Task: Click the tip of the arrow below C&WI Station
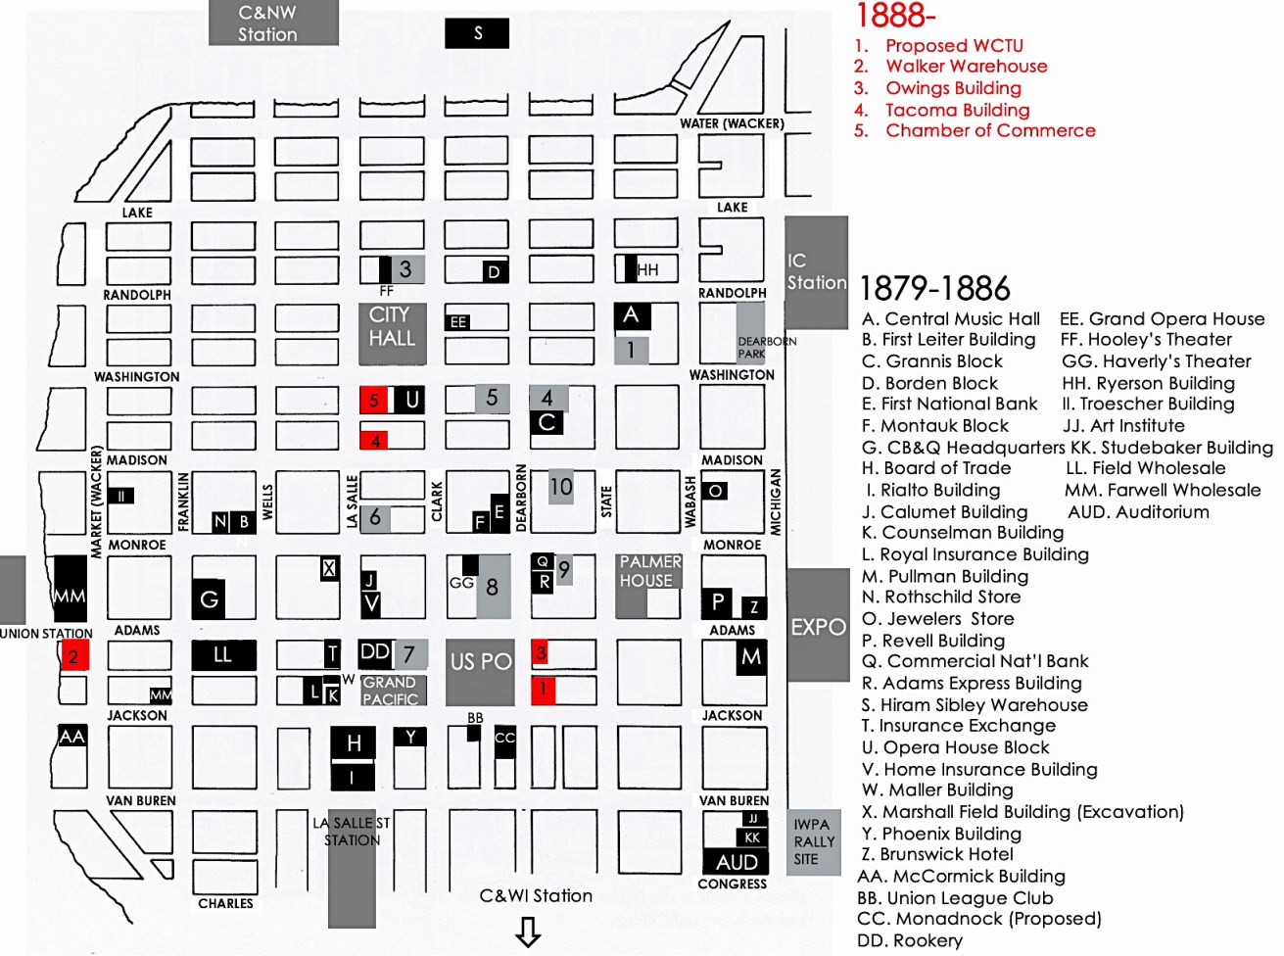tap(528, 947)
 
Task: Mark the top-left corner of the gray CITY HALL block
tap(358, 303)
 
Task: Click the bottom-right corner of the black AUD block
tap(768, 875)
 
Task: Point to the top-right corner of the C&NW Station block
tap(339, 0)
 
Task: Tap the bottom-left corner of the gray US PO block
tap(446, 706)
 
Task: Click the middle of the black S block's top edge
tap(477, 18)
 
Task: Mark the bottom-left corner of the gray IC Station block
tap(785, 329)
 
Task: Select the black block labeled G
tap(209, 598)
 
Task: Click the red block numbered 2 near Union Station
tap(74, 655)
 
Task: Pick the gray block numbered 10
tap(561, 487)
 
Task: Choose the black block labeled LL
tap(224, 655)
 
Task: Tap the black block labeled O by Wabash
tap(715, 491)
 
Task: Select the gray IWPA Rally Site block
tap(814, 842)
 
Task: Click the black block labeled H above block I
tap(354, 742)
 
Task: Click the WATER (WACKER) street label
tap(733, 123)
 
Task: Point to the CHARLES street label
tap(226, 903)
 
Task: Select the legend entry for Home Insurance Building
tap(979, 769)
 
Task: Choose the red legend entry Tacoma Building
tap(942, 110)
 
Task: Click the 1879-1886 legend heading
tap(935, 288)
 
